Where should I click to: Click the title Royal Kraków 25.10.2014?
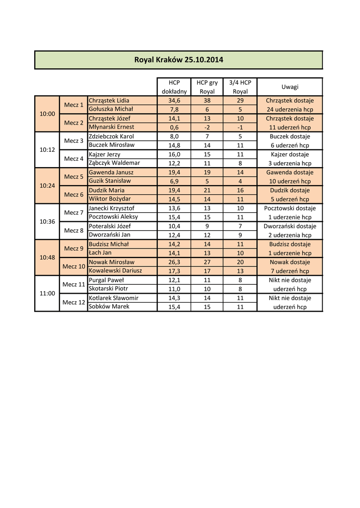point(179,60)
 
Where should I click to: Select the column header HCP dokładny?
point(174,87)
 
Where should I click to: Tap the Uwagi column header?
point(290,87)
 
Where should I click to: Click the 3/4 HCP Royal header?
point(240,87)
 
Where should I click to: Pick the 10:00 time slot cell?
point(47,114)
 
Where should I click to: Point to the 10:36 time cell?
point(47,222)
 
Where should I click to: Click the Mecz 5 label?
point(74,177)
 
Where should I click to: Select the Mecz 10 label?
point(74,266)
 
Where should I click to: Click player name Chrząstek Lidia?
point(109,100)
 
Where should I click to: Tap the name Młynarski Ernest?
point(111,127)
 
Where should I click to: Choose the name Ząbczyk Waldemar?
point(114,163)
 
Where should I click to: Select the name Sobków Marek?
point(109,307)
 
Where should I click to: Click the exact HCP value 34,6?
point(174,100)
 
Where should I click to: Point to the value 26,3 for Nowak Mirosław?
point(174,262)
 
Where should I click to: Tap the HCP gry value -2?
point(207,127)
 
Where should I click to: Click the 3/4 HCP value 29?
point(240,100)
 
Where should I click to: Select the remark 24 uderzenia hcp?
point(290,109)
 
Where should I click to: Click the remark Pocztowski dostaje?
point(290,208)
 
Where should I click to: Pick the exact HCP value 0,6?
point(174,127)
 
